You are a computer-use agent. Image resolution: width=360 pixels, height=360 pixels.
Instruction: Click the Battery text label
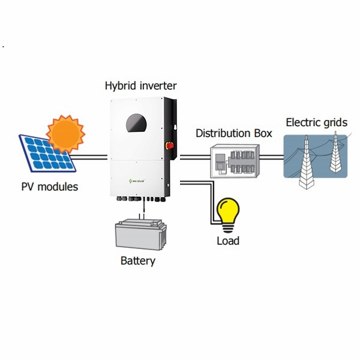click(x=137, y=261)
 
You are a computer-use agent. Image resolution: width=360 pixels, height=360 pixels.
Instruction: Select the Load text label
click(x=228, y=241)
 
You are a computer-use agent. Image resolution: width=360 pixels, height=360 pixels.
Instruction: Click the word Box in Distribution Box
click(x=262, y=133)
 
